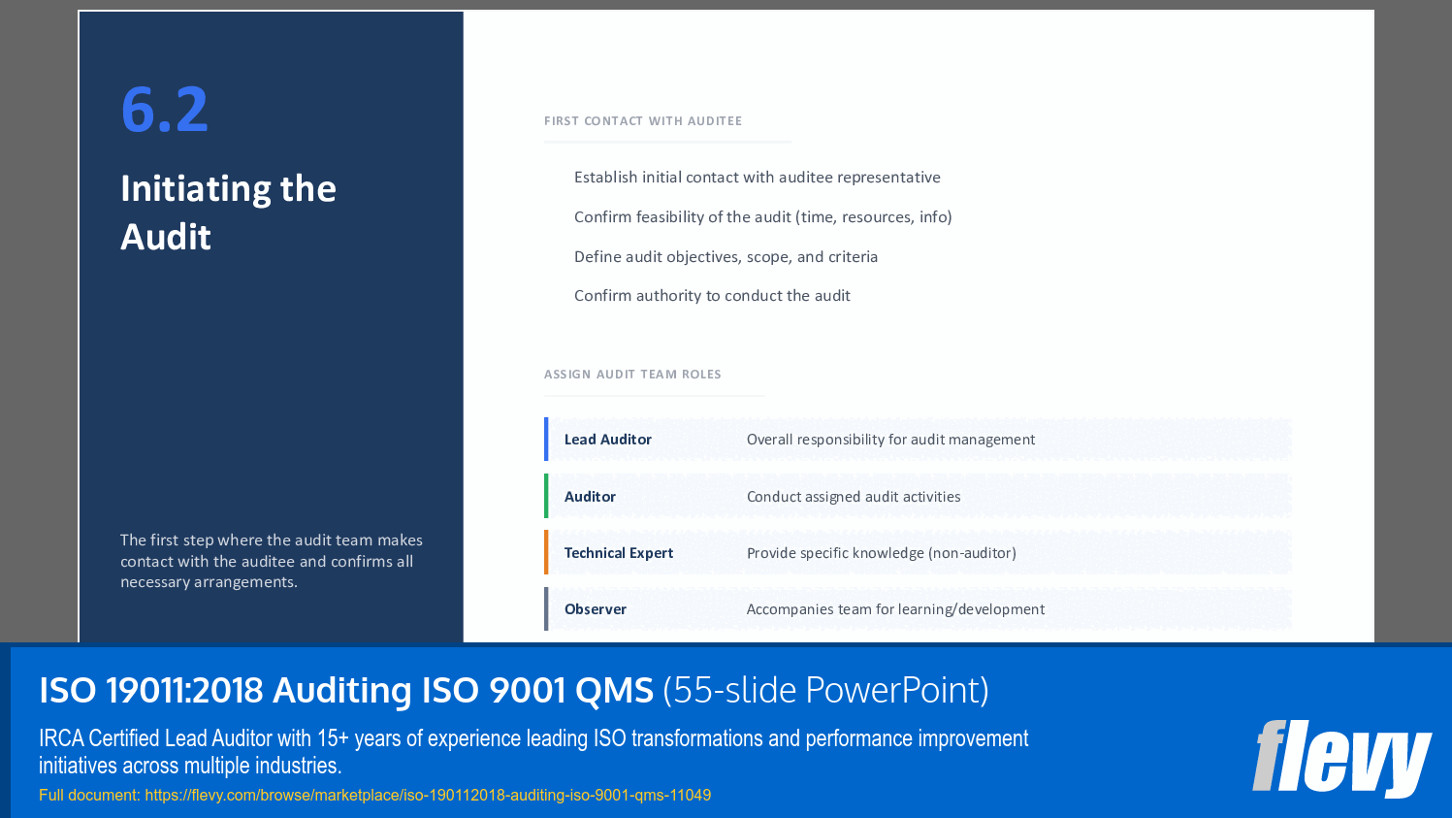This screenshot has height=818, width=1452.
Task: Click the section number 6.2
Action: tap(164, 109)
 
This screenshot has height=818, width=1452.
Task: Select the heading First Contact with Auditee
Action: tap(642, 121)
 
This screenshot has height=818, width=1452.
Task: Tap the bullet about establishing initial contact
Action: tap(757, 178)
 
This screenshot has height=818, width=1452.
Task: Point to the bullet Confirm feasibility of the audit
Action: tap(762, 217)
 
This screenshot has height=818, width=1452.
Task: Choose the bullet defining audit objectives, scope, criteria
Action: tap(726, 257)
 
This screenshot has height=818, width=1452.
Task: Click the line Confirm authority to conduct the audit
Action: tap(712, 296)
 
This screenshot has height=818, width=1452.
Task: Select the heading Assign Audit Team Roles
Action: tap(632, 375)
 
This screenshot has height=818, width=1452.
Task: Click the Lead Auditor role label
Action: tap(607, 440)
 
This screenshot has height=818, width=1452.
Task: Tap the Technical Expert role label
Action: tap(618, 553)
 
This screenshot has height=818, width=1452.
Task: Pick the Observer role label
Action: tap(595, 609)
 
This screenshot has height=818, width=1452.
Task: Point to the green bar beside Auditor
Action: tap(546, 496)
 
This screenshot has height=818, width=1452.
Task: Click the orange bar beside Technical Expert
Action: tap(546, 552)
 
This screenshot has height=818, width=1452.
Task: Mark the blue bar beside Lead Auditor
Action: tap(546, 439)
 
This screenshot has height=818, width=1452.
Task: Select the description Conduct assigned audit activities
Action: tap(854, 497)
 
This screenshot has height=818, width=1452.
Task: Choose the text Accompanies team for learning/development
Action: tap(895, 609)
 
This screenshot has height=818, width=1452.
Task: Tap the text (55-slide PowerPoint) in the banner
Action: tap(825, 690)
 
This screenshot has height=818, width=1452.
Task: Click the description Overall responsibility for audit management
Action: tap(890, 440)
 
